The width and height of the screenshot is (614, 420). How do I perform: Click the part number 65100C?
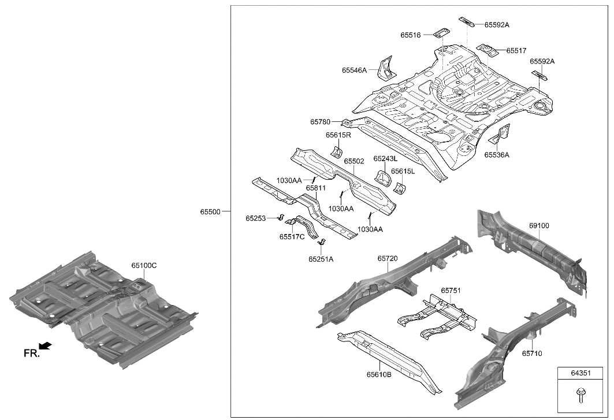144,266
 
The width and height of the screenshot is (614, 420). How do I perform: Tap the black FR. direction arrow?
45,346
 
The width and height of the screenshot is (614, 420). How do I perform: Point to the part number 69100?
539,226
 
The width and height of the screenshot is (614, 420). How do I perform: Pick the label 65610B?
379,374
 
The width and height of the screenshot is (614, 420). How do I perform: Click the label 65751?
451,291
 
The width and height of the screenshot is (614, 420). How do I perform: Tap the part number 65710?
532,353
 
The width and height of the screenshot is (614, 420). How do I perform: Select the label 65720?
388,259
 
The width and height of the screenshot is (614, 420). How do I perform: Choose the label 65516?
411,35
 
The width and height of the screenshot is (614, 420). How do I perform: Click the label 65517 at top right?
516,51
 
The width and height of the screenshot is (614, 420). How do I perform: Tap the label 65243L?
385,158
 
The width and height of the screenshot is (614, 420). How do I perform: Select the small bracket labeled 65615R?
335,152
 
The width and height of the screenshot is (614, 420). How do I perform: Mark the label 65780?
320,122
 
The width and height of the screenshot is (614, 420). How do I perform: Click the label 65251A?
321,259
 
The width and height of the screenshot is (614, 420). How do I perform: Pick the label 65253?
255,218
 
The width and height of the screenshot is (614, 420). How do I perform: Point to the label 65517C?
292,236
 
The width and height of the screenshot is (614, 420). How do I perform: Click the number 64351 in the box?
581,373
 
